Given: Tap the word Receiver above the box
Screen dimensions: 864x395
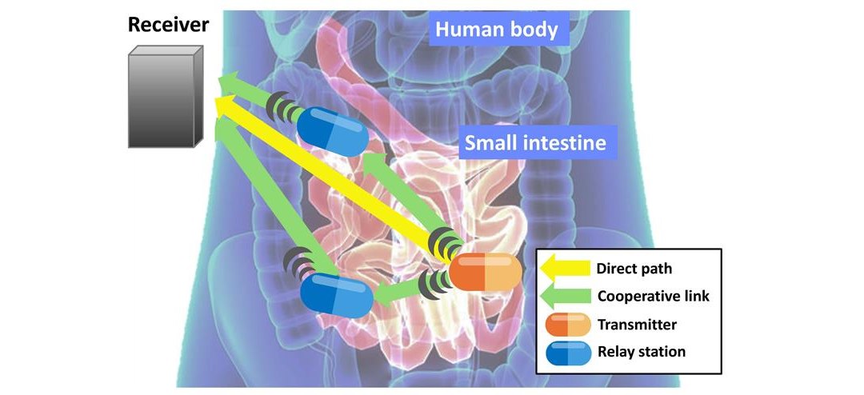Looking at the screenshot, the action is [168, 25].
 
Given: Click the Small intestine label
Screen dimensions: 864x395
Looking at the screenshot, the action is [535, 142].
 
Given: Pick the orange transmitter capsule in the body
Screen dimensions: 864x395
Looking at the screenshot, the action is [485, 272].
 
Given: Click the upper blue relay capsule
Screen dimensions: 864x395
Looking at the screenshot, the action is [333, 131].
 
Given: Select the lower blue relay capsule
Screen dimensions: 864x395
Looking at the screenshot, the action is [337, 295].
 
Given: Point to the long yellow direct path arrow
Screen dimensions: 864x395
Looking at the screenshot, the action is [330, 176].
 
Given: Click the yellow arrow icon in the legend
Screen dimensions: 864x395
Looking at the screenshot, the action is [565, 269].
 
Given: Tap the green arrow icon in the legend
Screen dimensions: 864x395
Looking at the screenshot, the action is [565, 297].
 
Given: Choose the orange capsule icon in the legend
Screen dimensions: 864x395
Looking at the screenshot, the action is [567, 325].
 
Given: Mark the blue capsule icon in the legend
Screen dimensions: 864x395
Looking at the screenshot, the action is [567, 353].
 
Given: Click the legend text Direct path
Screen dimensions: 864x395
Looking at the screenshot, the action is [634, 269].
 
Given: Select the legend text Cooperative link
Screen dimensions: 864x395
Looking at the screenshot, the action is [654, 297].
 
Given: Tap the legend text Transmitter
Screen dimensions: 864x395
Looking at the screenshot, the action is [637, 325].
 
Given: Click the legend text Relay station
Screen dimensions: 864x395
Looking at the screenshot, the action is [642, 352].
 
